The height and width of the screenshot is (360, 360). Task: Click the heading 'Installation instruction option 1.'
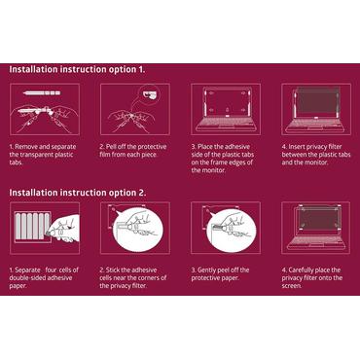click(77, 69)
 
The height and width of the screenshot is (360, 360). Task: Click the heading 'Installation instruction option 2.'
click(78, 193)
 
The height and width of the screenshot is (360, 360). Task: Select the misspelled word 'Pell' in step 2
click(111, 147)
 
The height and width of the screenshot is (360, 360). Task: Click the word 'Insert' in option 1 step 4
click(297, 147)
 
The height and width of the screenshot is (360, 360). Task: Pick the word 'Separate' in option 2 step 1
click(28, 270)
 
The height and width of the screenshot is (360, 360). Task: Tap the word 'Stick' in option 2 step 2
click(112, 270)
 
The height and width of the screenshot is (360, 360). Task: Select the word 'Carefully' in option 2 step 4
click(303, 270)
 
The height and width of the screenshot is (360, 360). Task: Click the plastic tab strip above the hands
click(42, 93)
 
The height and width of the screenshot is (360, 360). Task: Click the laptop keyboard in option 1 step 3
click(226, 124)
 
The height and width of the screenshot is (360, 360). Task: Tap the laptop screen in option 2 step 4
click(316, 218)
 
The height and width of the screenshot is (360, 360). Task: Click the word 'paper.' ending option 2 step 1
click(18, 286)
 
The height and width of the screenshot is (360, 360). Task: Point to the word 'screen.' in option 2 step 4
click(292, 286)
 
